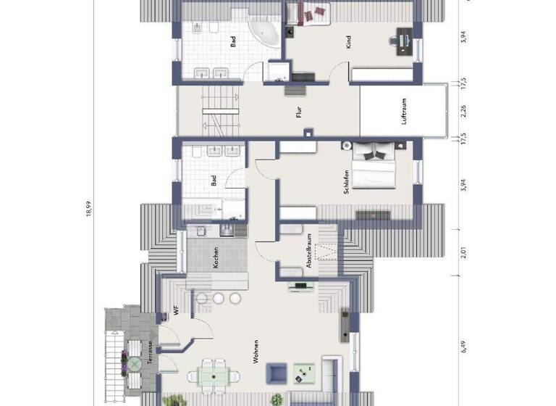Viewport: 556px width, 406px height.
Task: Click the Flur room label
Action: tap(299, 112)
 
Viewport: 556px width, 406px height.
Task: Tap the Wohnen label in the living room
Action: tap(256, 351)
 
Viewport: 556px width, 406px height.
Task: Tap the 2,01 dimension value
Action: tap(463, 254)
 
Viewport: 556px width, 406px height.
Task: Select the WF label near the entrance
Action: tap(175, 311)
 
